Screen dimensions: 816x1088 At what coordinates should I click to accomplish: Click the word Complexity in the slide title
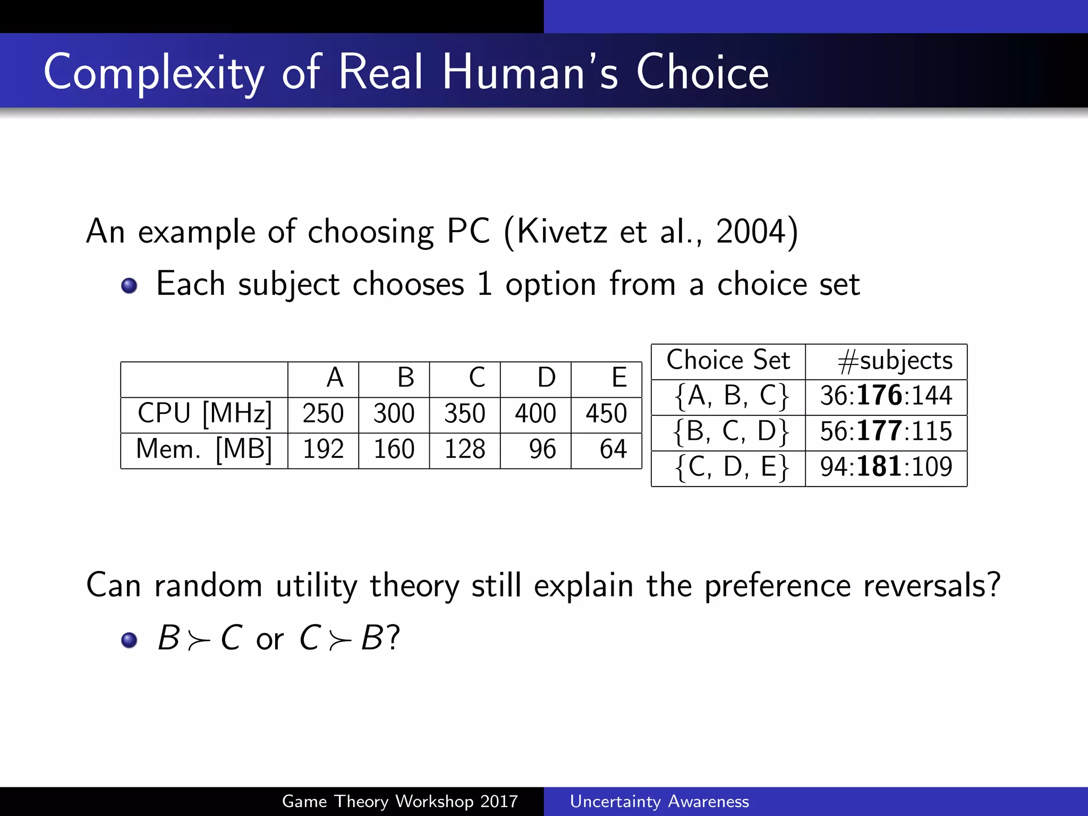(154, 73)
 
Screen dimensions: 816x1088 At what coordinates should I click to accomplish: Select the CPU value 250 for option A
(323, 413)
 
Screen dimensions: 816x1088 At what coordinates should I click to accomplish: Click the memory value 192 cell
(323, 449)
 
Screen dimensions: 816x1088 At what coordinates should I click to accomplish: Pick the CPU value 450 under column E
(606, 413)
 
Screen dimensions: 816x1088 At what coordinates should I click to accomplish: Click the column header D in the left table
(546, 378)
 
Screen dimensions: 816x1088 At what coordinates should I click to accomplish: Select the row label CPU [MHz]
(205, 413)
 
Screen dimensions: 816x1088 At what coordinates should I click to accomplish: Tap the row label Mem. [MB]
(205, 449)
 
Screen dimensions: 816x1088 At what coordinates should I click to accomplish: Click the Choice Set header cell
(728, 360)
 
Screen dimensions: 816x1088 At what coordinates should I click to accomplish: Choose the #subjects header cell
(895, 361)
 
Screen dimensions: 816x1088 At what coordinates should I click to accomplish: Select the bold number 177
(879, 431)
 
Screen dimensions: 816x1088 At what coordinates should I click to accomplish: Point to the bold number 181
(879, 466)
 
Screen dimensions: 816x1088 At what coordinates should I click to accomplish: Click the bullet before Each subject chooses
(129, 286)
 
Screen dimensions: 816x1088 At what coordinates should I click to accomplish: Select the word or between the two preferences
(270, 639)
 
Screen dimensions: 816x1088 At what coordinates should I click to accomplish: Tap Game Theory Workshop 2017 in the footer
(399, 801)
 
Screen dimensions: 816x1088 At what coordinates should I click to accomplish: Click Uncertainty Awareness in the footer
(659, 801)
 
